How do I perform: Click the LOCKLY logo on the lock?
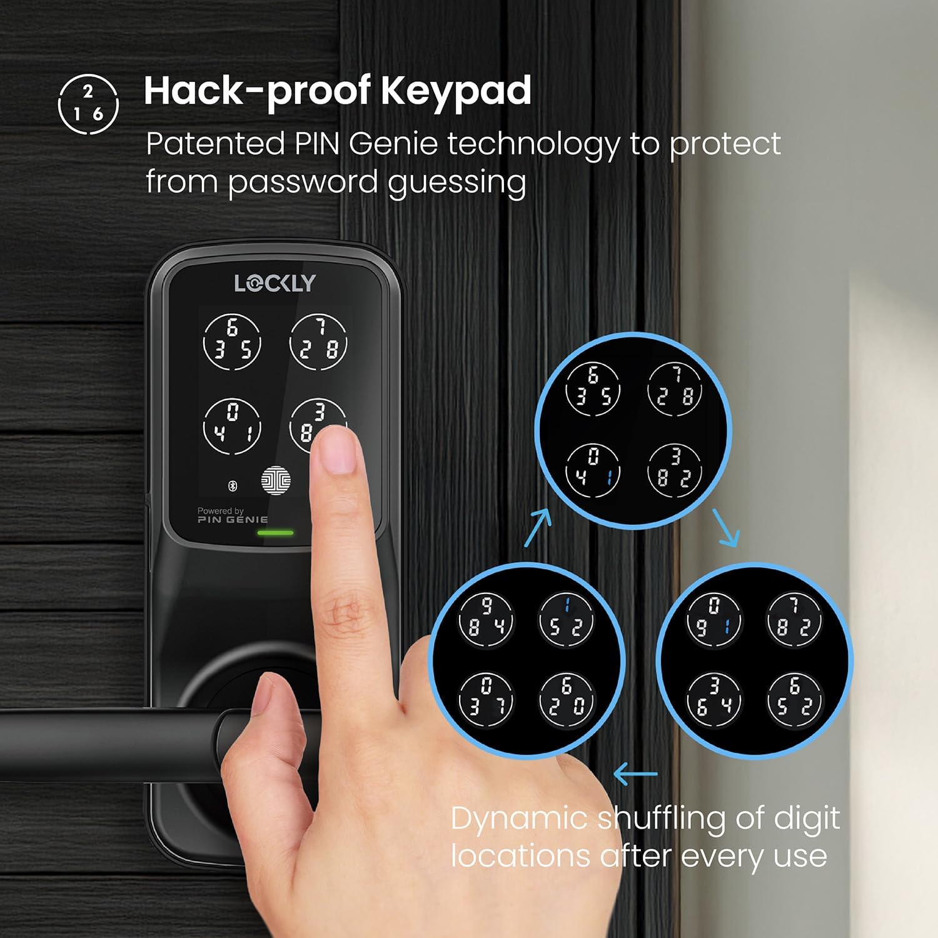pyautogui.click(x=275, y=283)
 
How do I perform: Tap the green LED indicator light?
pyautogui.click(x=276, y=533)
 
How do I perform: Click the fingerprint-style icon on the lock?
pyautogui.click(x=276, y=481)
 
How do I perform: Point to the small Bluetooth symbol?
pyautogui.click(x=232, y=485)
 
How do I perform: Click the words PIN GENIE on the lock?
pyautogui.click(x=233, y=520)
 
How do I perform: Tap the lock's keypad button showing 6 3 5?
pyautogui.click(x=232, y=341)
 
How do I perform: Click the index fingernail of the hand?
pyautogui.click(x=337, y=450)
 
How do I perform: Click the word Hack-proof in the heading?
pyautogui.click(x=256, y=92)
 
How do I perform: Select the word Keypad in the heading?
pyautogui.click(x=456, y=92)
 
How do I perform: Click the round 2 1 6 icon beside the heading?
pyautogui.click(x=88, y=104)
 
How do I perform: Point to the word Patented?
pyautogui.click(x=215, y=144)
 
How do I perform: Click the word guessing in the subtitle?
pyautogui.click(x=456, y=183)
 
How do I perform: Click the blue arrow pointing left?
pyautogui.click(x=635, y=774)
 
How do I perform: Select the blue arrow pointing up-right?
pyautogui.click(x=538, y=527)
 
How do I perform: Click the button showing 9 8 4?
pyautogui.click(x=486, y=619)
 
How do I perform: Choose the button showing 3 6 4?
pyautogui.click(x=714, y=700)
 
